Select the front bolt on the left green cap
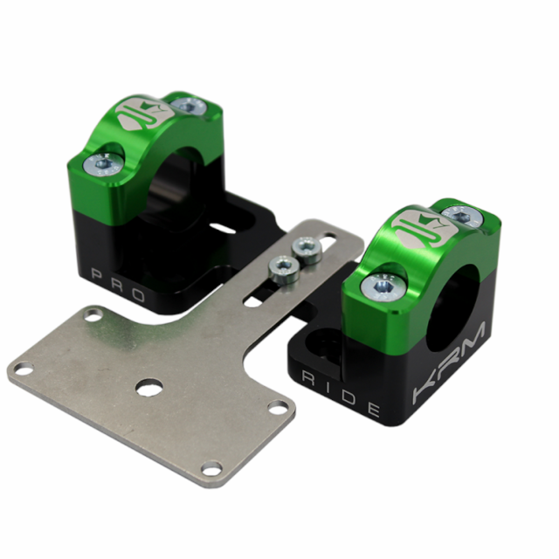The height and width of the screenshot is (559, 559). [102, 162]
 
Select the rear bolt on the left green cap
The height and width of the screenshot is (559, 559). [185, 106]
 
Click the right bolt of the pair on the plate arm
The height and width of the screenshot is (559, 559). [306, 250]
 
